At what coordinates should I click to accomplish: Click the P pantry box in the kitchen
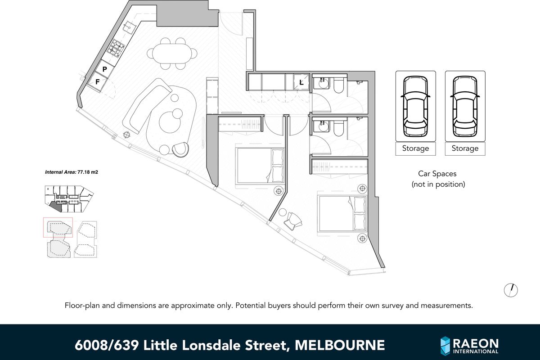[x=104, y=69]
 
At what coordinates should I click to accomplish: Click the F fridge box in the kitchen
[x=97, y=82]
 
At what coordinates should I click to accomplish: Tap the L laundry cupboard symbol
[x=301, y=82]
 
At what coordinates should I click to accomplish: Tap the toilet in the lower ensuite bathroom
[x=339, y=128]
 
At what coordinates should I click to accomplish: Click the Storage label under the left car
[x=415, y=148]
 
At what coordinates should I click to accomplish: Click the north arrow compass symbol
[x=511, y=290]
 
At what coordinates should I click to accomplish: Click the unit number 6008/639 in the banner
[x=107, y=345]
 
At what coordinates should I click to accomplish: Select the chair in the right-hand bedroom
[x=294, y=220]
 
